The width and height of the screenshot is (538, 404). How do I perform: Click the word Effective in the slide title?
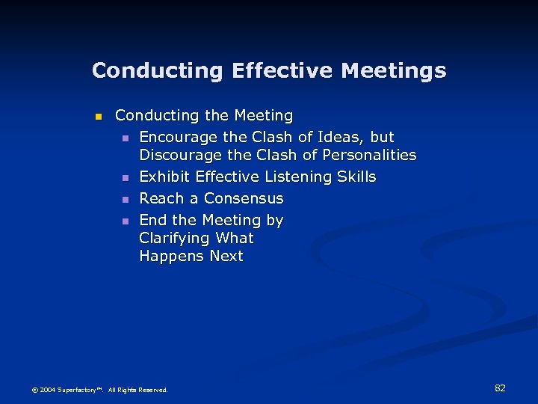282,71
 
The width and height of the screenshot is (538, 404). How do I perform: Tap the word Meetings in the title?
393,71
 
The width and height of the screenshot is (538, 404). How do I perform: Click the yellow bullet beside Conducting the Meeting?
96,117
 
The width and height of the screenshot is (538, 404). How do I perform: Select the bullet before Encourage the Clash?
126,138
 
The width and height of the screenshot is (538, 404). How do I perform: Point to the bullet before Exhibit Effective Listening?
126,178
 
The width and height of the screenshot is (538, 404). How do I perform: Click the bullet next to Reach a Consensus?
126,200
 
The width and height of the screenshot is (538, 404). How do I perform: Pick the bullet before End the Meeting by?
126,221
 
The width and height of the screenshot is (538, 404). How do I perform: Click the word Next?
226,256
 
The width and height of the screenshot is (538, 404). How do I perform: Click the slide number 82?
500,388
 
